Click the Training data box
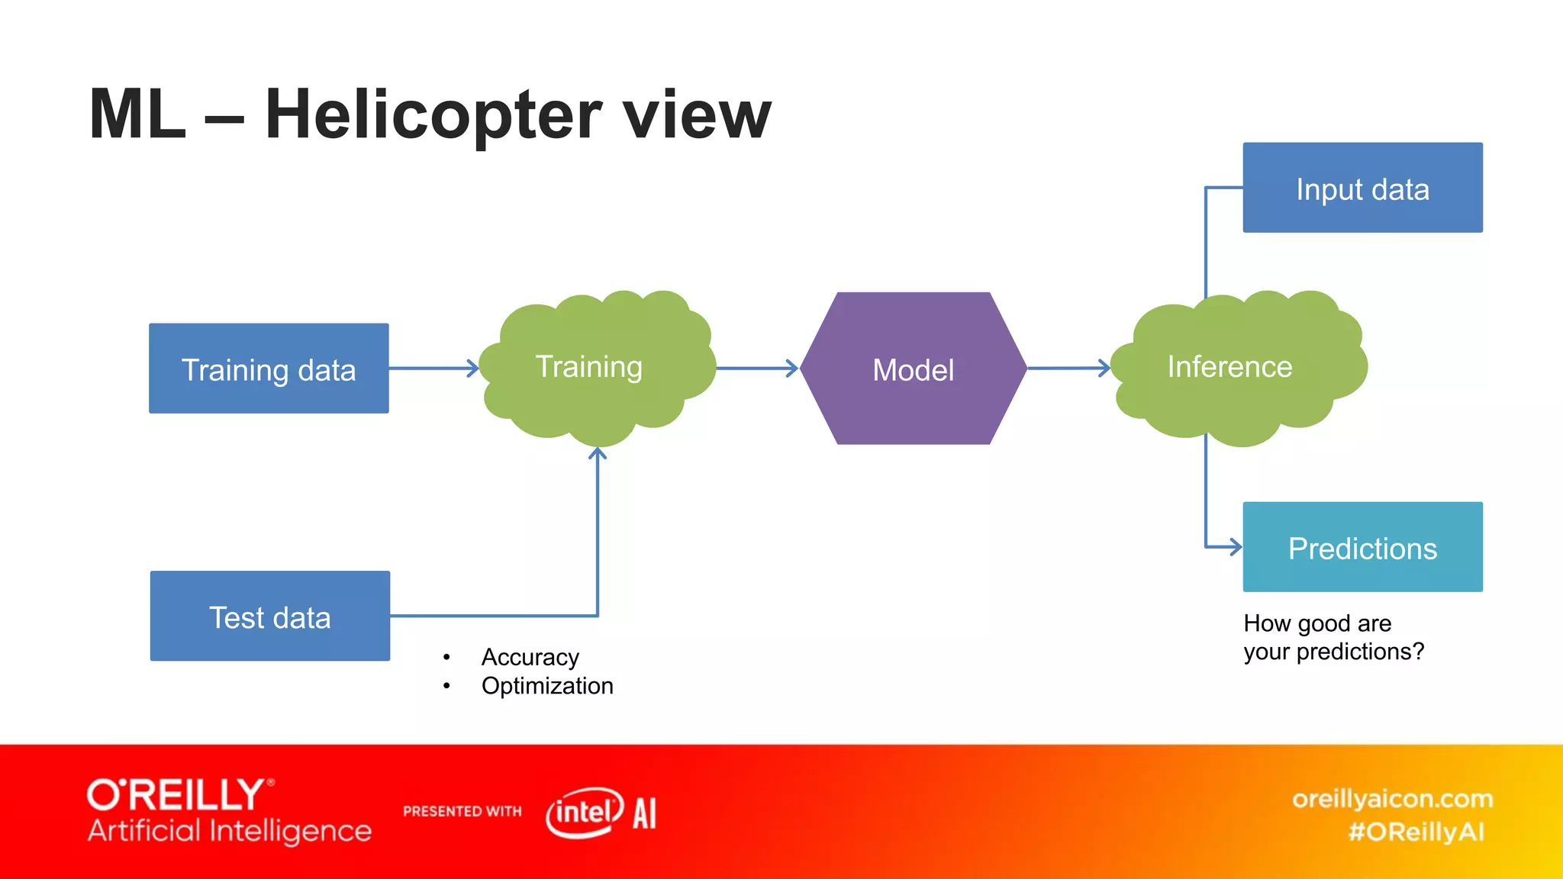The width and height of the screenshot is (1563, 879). pos(269,369)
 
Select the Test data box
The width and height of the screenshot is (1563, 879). pos(270,616)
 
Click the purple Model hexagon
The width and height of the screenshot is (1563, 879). pos(914,369)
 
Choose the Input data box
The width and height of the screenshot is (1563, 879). pos(1362,188)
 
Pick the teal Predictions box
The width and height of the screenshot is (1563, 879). pos(1362,547)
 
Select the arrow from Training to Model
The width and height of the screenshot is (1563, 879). pos(756,369)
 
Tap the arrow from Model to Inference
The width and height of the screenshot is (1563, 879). pos(1068,368)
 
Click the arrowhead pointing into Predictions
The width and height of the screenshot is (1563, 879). pos(1234,546)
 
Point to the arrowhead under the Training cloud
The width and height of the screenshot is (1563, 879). pos(598,455)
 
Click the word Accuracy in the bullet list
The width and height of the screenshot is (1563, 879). pos(530,657)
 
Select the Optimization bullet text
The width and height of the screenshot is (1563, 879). pos(547,686)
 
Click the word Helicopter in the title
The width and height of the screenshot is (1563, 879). pos(433,114)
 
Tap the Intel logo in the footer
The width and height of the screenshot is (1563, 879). pos(585,812)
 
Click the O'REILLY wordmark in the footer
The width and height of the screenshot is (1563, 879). pos(177,795)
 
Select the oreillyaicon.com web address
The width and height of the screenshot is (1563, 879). pos(1392,799)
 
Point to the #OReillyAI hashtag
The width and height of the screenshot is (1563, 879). pos(1416,832)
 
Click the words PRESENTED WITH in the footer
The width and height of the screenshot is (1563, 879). pos(462,811)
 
